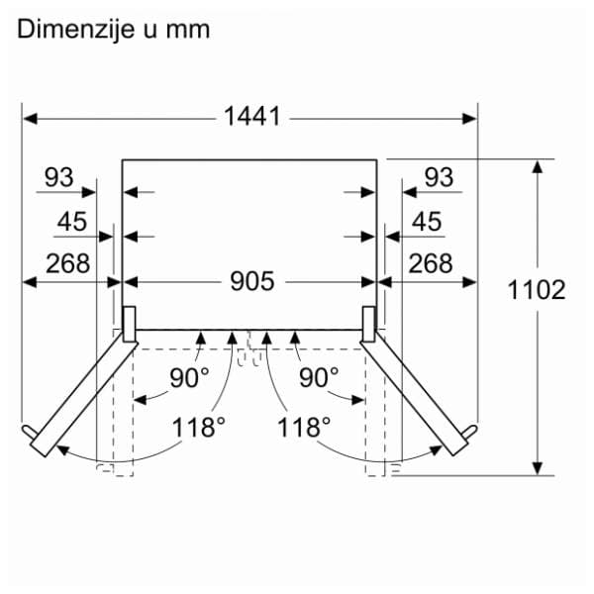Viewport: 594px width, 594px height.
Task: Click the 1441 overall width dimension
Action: coord(251,117)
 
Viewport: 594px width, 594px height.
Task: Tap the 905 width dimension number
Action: coord(251,282)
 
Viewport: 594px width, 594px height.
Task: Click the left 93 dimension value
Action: coord(58,177)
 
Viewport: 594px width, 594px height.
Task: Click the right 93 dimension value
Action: coord(439,177)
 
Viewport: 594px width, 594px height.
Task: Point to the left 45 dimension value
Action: coord(71,223)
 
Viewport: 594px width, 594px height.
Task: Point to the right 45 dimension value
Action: coord(426,223)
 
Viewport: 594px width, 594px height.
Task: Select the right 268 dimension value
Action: coord(431,263)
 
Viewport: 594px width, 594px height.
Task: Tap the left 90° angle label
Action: coord(190,377)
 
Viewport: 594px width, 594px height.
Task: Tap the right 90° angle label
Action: coord(319,377)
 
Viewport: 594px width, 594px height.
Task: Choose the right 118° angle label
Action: coord(304,428)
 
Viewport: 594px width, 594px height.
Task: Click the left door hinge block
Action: coord(128,321)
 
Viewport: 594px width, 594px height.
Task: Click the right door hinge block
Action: coord(369,321)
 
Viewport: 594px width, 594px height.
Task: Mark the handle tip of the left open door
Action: coord(27,433)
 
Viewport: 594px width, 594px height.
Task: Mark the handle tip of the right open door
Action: coord(471,433)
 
